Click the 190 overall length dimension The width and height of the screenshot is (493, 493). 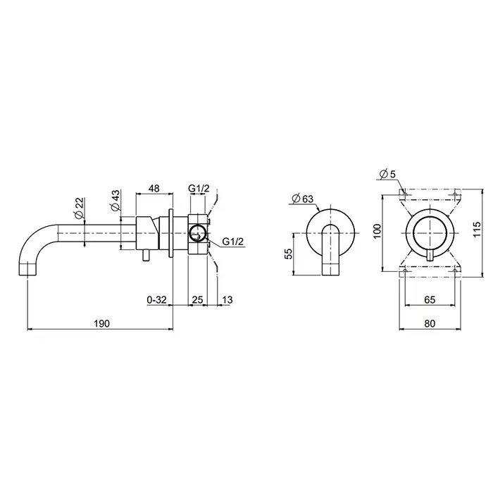(102, 323)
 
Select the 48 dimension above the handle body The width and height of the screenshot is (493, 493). (154, 188)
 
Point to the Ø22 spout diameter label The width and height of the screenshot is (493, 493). (79, 208)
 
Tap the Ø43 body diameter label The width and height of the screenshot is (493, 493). (115, 200)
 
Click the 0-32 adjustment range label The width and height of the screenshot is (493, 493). (156, 299)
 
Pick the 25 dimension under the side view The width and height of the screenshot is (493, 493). (197, 299)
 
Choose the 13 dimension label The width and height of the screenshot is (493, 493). (227, 299)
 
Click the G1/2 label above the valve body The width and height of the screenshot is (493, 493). (199, 188)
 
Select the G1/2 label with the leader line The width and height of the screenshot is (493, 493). (232, 242)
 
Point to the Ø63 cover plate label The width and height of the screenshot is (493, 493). (303, 199)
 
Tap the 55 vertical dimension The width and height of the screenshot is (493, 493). (288, 254)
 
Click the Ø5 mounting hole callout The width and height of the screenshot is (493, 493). (387, 174)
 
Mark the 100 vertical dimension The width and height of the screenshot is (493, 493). (377, 231)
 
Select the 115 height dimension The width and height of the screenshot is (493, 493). (477, 229)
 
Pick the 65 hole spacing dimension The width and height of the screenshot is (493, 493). (430, 299)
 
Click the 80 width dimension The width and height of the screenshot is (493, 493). (430, 323)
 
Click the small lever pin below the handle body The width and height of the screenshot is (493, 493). (146, 256)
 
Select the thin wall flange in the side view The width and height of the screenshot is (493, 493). (171, 232)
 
